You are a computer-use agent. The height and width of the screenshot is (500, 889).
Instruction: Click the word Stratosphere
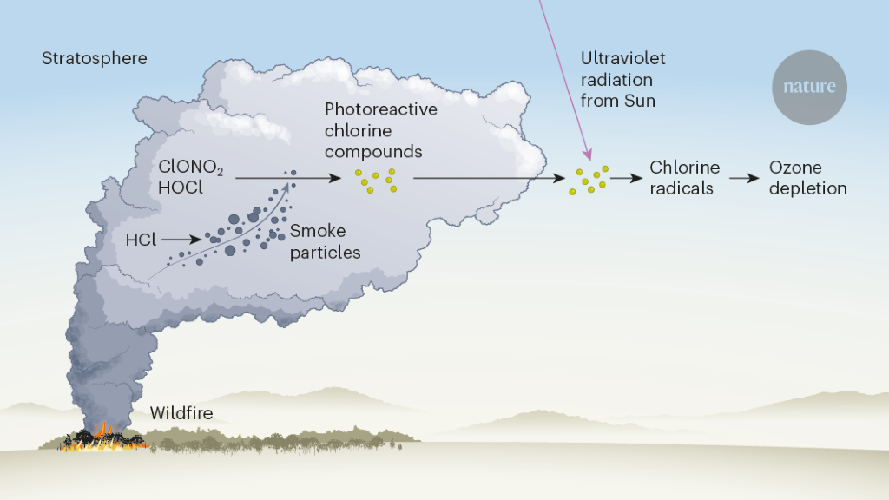pyautogui.click(x=95, y=59)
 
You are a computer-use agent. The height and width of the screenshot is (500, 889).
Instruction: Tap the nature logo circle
pyautogui.click(x=809, y=87)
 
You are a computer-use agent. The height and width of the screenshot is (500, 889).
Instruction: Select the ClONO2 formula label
pyautogui.click(x=191, y=168)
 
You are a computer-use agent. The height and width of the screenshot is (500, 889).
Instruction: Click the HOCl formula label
pyautogui.click(x=181, y=187)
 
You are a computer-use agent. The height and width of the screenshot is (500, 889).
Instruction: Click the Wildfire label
pyautogui.click(x=181, y=413)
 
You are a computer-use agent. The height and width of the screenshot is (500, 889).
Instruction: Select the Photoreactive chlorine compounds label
pyautogui.click(x=380, y=130)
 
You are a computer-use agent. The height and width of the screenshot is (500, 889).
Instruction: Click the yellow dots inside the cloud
pyautogui.click(x=376, y=180)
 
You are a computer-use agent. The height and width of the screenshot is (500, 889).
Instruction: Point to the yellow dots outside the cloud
pyautogui.click(x=589, y=180)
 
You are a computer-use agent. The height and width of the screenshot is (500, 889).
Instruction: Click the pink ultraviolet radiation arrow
pyautogui.click(x=565, y=78)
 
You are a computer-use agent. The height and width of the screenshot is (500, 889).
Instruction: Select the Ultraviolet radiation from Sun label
pyautogui.click(x=623, y=80)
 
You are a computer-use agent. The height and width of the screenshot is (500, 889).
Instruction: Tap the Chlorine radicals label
pyautogui.click(x=685, y=178)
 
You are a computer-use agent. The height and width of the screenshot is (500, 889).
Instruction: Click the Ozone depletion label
pyautogui.click(x=807, y=178)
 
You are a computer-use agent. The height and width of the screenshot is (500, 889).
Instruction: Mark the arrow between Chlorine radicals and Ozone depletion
pyautogui.click(x=744, y=178)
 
